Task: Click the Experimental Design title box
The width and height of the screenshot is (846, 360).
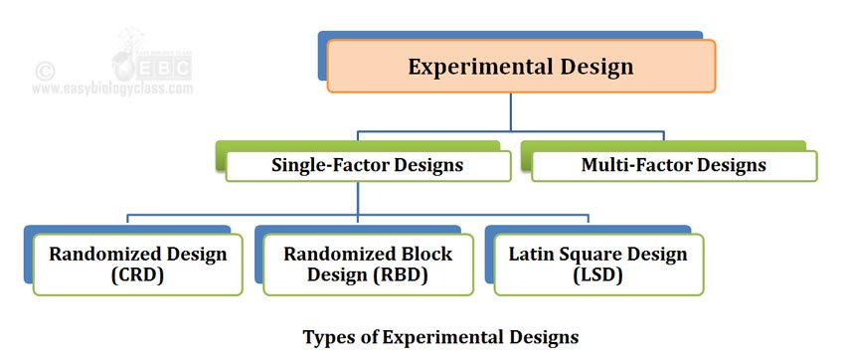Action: click(x=520, y=67)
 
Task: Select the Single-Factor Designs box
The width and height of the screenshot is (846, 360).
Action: click(x=367, y=165)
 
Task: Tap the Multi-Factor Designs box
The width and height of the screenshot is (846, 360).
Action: click(x=673, y=165)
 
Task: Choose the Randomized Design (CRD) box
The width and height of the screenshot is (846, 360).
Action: click(x=137, y=265)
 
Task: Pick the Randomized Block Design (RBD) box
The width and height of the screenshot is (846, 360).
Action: click(x=368, y=265)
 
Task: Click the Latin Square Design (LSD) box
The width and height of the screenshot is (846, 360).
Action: click(x=597, y=265)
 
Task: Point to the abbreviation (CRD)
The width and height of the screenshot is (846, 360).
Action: click(x=137, y=275)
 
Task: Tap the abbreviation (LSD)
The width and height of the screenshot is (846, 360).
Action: click(x=597, y=275)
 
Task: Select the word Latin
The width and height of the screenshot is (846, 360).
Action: click(x=533, y=255)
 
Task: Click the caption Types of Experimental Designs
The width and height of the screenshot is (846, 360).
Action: click(x=439, y=336)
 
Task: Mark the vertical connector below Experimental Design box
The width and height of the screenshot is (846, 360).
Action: click(x=511, y=111)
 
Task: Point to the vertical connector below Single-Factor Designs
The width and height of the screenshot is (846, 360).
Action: click(x=358, y=198)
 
